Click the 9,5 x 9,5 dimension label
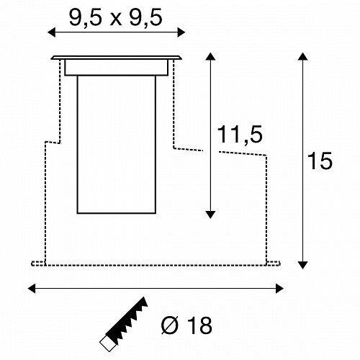pos(116,18)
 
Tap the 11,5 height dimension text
pos(240,135)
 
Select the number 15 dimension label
pos(320,161)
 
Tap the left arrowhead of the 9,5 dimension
pos(52,32)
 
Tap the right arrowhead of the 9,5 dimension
pos(181,32)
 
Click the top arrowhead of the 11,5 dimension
pos(210,56)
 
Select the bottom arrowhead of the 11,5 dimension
pos(210,215)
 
